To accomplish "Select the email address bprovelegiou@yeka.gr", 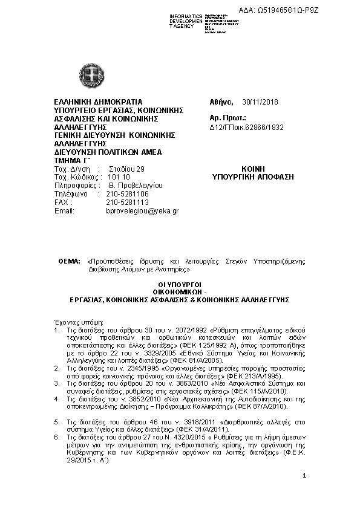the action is click(x=142, y=211).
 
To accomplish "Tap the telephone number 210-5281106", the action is click(x=127, y=194).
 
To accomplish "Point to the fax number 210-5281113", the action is click(x=127, y=203).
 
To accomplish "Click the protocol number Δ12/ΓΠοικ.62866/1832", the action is click(x=246, y=127).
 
